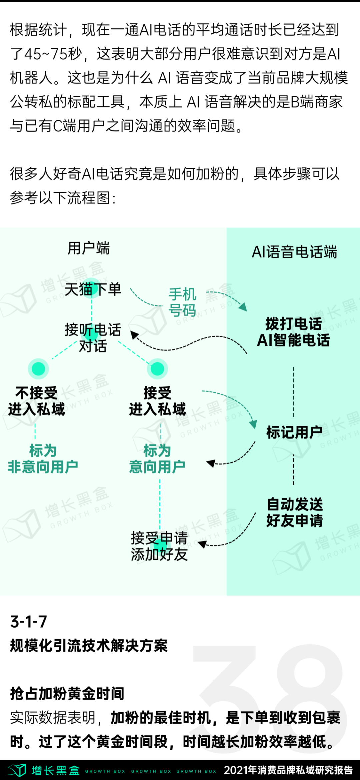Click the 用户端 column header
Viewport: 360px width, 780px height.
coord(89,248)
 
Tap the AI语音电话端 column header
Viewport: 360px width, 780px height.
coord(294,252)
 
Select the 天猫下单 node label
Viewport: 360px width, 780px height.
coord(93,289)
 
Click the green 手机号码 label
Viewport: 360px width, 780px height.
coord(182,302)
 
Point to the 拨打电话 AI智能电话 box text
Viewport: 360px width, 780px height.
coord(293,332)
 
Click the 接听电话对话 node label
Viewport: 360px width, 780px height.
coord(93,338)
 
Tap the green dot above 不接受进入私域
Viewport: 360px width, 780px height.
coord(38,368)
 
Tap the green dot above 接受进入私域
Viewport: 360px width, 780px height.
coord(157,368)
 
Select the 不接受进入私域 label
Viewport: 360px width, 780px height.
coord(37,401)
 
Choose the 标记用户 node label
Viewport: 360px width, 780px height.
coord(294,432)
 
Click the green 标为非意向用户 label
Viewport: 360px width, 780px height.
coord(43,459)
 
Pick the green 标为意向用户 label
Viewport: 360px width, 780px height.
coord(157,459)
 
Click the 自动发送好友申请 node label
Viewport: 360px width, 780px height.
coord(295,512)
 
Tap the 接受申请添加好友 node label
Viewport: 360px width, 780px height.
coord(159,546)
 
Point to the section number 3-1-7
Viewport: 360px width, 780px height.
coord(29,622)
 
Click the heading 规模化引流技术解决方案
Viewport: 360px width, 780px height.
coord(89,646)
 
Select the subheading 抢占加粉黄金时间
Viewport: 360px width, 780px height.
coord(67,694)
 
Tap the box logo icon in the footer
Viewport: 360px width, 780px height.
coord(17,770)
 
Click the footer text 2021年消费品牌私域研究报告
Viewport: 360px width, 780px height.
coord(288,770)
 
